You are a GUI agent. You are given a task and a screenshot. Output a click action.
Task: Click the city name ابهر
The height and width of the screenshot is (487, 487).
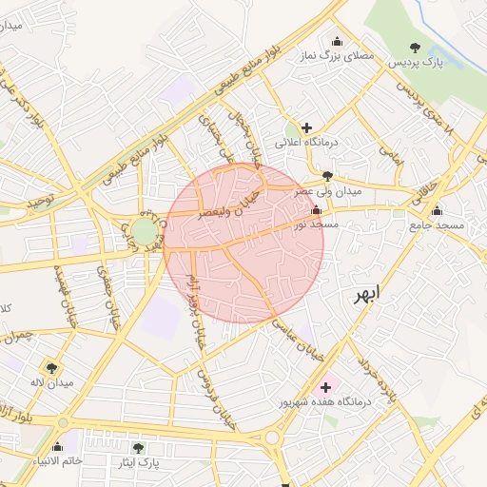coord(366,294)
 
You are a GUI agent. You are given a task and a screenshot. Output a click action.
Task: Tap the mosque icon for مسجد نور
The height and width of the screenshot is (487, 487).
coord(316,209)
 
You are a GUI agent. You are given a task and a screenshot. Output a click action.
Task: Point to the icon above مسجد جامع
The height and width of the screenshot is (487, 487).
coord(437,211)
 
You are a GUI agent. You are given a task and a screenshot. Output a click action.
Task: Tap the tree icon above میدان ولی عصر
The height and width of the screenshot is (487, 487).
coord(328,176)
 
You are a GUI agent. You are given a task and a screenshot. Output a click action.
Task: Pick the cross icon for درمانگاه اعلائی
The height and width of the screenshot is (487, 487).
coord(305,127)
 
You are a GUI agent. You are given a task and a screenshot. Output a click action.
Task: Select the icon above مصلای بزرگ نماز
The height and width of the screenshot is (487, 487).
coord(337,41)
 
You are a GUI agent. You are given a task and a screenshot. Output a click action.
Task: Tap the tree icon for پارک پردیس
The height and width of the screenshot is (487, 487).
coord(415,48)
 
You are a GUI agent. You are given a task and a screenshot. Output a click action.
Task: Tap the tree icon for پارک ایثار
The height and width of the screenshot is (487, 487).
coord(139,447)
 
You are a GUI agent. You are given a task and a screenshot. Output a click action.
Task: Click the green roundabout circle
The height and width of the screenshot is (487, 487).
coord(144,231)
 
